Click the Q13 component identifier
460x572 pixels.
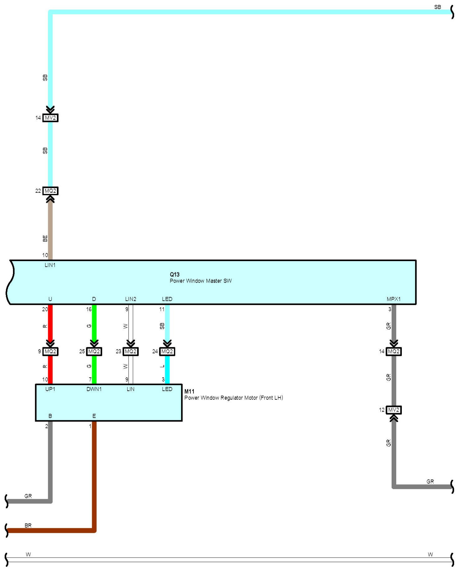(174, 274)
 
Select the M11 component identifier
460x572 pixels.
(189, 391)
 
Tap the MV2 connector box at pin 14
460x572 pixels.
(50, 118)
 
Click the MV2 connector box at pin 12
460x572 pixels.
(393, 410)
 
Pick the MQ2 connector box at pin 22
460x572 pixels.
(50, 191)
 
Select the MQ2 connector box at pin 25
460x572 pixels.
(94, 352)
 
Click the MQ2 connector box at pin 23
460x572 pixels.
(131, 352)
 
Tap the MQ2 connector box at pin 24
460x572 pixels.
(167, 352)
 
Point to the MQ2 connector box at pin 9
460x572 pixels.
(50, 352)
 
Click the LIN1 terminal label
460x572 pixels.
(50, 265)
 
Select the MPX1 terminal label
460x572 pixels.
(393, 299)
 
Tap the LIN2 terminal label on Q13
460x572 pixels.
(131, 299)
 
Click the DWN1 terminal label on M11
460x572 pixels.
(94, 389)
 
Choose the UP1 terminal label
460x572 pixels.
(50, 389)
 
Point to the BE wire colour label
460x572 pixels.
(45, 238)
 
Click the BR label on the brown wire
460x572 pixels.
(28, 526)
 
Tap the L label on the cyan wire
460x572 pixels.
(162, 367)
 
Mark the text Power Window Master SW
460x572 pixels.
(201, 281)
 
